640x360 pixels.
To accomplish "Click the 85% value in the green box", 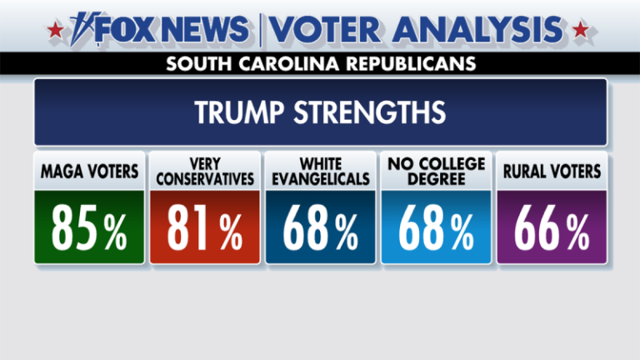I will pos(89,227).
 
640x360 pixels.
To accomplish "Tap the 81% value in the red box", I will pos(204,227).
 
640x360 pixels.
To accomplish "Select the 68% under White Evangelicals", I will pos(320,227).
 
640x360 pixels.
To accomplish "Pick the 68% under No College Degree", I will pos(435,227).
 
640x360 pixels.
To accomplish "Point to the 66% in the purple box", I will pos(551,227).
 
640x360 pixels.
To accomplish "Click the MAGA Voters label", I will pos(89,172).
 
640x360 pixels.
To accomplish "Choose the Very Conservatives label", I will pos(204,172).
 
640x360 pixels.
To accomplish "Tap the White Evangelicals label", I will pos(320,172).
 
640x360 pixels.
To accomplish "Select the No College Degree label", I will pos(435,172).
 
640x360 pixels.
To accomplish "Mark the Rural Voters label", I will pos(551,172).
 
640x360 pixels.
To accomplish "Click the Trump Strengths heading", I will pos(320,112).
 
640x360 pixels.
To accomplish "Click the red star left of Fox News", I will pos(55,32).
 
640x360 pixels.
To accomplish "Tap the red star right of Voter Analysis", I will pos(581,32).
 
